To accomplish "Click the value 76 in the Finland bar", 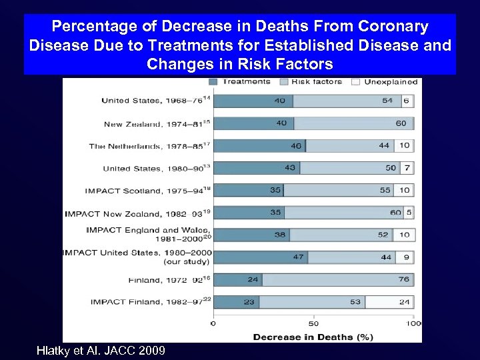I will [405, 279].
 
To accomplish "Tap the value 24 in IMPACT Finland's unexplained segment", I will [405, 302].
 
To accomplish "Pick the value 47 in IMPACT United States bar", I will [298, 257].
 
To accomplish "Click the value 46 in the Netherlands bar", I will [296, 146].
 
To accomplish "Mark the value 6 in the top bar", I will [407, 101].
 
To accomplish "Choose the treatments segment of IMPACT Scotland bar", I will [247, 191].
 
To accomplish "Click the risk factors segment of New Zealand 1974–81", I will [353, 123].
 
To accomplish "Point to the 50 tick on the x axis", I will [313, 324].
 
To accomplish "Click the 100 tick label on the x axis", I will [413, 324].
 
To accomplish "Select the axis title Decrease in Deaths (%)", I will [313, 337].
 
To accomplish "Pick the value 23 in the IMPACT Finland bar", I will [249, 302].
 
